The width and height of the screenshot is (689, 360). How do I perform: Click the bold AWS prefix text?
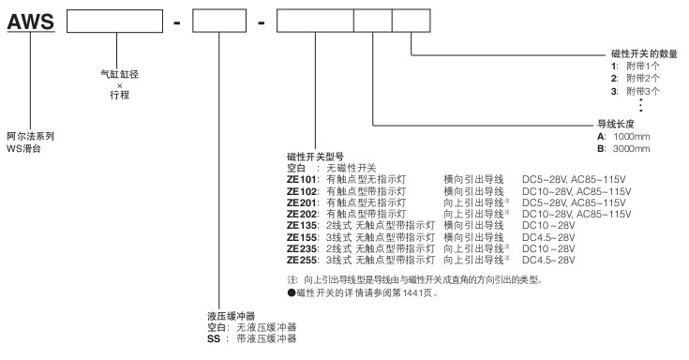[31, 22]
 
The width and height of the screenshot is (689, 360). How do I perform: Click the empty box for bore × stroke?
[114, 22]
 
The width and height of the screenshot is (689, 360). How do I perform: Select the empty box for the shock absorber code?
[219, 22]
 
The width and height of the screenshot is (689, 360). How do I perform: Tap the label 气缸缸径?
[120, 74]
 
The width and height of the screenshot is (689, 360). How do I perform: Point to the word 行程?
[120, 95]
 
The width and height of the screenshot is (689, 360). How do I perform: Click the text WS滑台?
[23, 148]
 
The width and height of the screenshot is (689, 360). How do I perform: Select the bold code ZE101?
[302, 179]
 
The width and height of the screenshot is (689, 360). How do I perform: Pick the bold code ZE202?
[302, 214]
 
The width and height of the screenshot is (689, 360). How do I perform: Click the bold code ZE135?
[302, 226]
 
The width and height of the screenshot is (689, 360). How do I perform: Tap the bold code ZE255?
[302, 260]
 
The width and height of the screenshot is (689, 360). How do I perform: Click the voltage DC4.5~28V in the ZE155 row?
[548, 237]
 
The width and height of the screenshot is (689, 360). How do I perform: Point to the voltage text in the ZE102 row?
[577, 191]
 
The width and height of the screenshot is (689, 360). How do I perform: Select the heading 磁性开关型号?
[315, 157]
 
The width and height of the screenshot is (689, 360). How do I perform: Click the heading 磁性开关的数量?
[644, 53]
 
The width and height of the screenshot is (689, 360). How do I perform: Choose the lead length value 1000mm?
[632, 136]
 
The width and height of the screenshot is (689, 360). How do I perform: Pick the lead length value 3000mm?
[632, 148]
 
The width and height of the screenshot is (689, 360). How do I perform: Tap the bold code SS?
[214, 338]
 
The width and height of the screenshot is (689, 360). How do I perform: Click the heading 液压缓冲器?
[232, 316]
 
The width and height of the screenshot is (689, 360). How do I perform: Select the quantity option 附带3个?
[643, 92]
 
